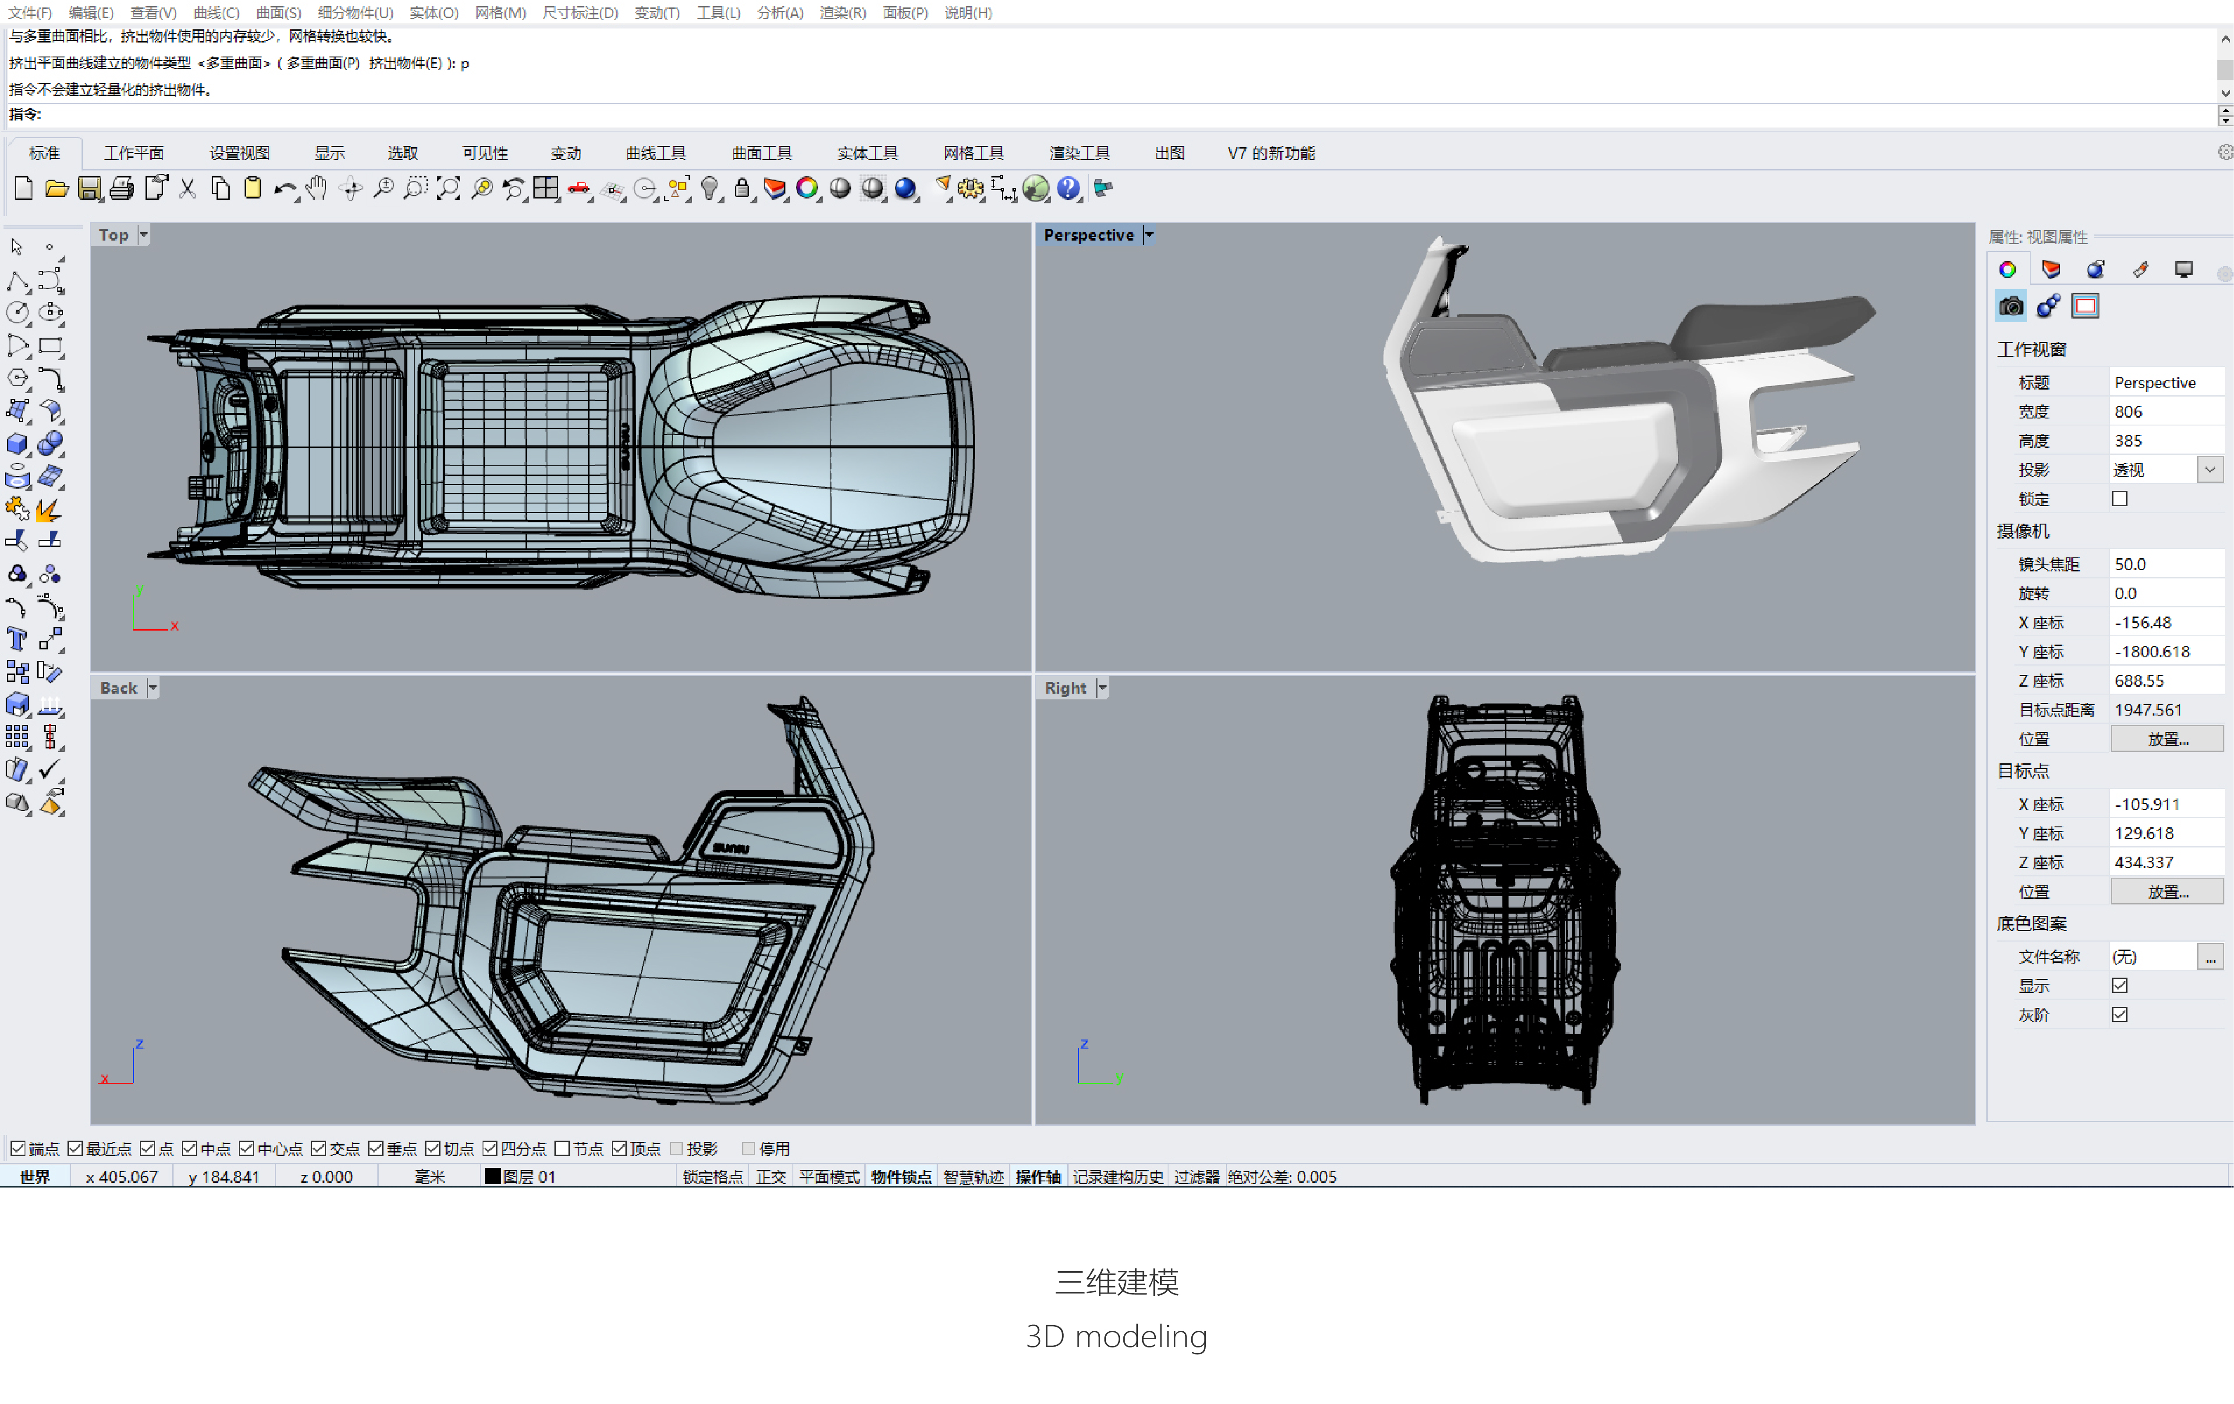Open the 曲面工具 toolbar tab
761,153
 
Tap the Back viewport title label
118,688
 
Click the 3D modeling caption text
1116,1337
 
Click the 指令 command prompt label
25,114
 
